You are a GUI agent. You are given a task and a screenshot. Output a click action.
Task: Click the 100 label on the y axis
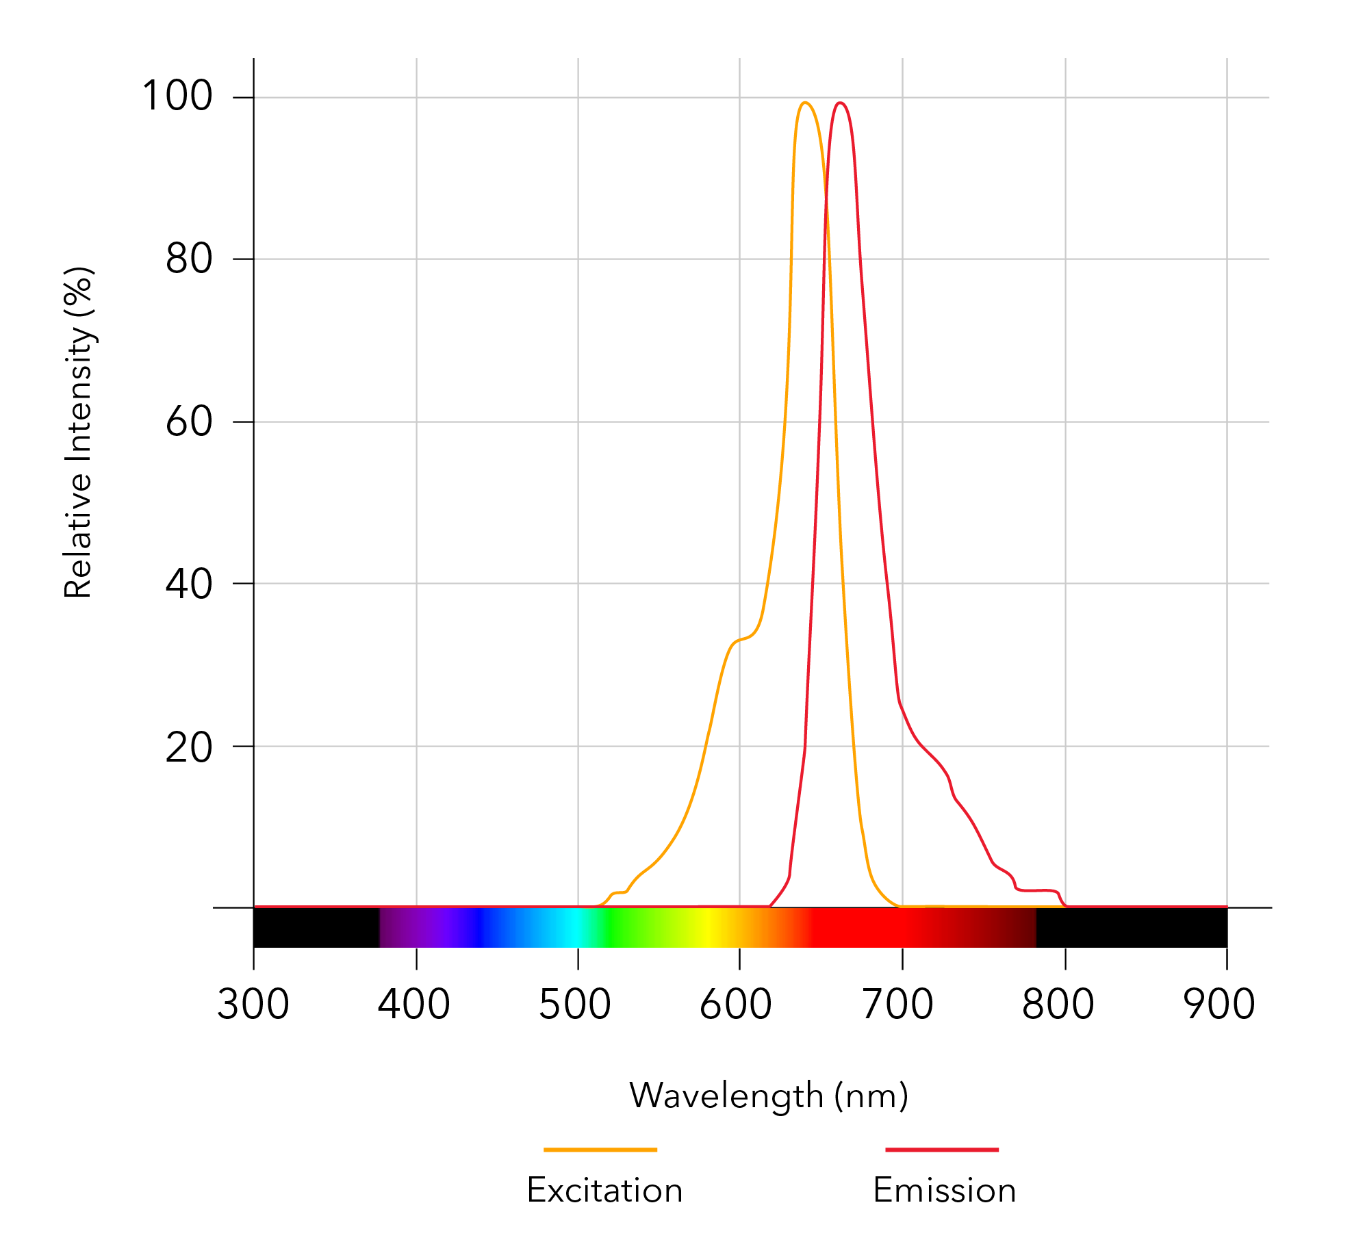(177, 96)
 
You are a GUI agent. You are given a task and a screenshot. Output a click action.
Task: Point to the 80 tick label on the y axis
(189, 259)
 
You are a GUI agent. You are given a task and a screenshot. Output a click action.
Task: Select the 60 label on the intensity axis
(189, 422)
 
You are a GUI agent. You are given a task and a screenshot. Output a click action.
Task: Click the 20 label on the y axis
(189, 747)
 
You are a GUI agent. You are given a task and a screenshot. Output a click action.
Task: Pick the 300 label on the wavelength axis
(253, 1005)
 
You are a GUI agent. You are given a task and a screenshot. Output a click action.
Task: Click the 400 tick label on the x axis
(414, 1005)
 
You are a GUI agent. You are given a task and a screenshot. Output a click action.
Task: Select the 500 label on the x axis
(575, 1005)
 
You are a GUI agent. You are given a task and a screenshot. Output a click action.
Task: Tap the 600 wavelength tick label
(736, 1005)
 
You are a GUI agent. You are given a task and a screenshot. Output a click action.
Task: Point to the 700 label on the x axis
(898, 1005)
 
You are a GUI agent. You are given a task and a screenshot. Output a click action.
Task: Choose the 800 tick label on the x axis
(1058, 1005)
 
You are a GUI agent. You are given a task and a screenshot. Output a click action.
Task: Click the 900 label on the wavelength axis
(1219, 1005)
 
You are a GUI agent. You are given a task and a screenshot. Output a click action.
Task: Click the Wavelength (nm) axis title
(769, 1096)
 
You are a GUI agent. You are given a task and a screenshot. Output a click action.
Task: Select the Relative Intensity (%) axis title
(79, 432)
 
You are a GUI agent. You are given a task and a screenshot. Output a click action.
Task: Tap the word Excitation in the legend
(604, 1191)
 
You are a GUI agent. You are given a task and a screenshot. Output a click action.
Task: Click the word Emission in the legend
(944, 1191)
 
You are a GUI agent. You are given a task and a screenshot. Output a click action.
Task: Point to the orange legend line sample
(600, 1150)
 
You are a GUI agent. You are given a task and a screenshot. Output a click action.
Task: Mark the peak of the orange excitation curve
(806, 103)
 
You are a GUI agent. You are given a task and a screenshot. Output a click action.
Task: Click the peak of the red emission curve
(841, 103)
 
